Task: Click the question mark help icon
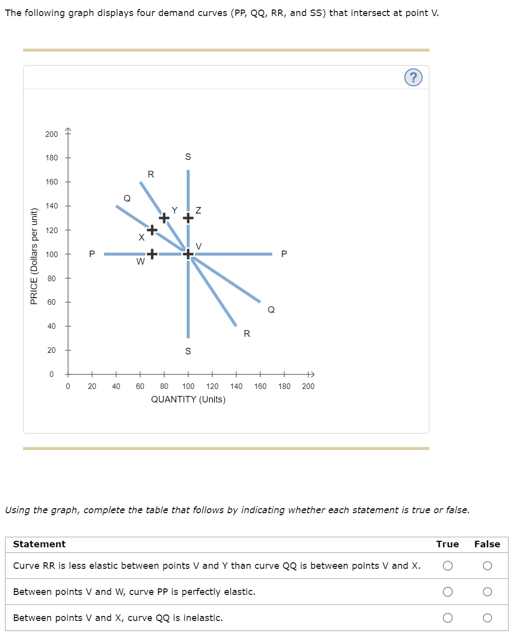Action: click(413, 78)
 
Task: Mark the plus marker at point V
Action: click(188, 254)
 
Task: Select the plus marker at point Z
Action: click(188, 218)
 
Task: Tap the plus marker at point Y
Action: click(164, 218)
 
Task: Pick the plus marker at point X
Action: click(152, 230)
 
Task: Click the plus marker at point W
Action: click(152, 254)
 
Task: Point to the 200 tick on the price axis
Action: click(52, 134)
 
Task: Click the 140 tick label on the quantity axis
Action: click(236, 386)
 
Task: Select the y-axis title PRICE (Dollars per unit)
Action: click(34, 256)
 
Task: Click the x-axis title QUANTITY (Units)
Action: click(188, 399)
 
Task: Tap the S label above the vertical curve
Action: click(188, 157)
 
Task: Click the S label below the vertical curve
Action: click(188, 351)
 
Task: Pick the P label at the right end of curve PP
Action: click(284, 254)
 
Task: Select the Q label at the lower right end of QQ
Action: click(271, 310)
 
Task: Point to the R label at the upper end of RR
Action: click(151, 174)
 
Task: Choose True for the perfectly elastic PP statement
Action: click(448, 592)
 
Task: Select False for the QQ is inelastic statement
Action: click(487, 618)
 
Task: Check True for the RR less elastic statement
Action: click(448, 566)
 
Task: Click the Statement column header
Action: click(40, 544)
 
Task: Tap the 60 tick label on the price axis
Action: click(52, 302)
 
